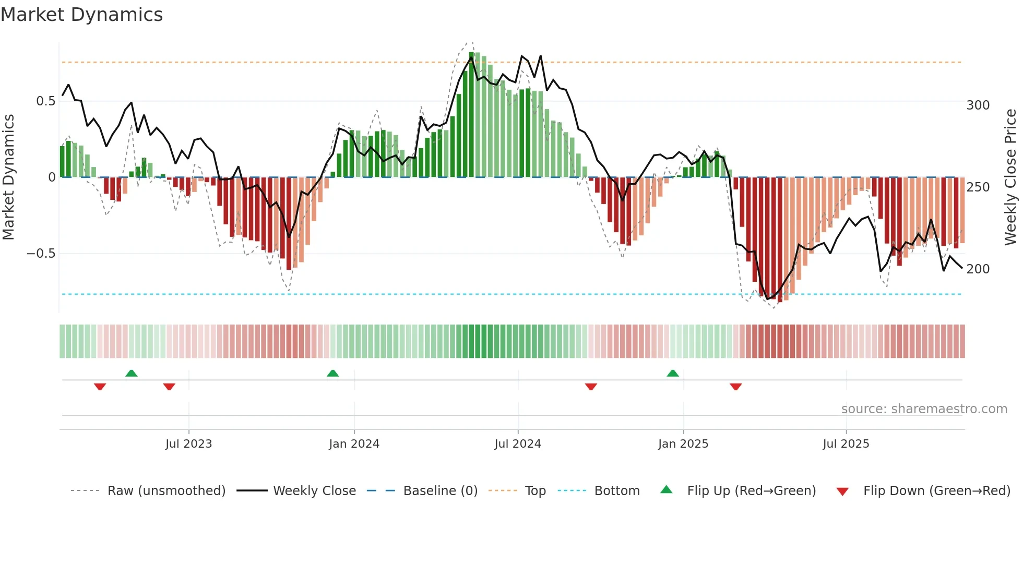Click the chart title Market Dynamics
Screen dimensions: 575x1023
click(x=81, y=15)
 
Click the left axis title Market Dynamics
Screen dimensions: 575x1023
click(x=8, y=177)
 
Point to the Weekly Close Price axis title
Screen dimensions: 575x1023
click(x=1011, y=177)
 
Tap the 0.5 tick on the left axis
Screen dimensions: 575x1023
click(x=45, y=101)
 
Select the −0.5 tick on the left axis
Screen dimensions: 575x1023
click(x=41, y=254)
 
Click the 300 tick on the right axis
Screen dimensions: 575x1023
click(x=978, y=105)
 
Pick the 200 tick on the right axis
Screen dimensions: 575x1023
click(x=978, y=269)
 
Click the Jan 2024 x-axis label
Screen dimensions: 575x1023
click(x=354, y=444)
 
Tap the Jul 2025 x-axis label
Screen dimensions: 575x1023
click(x=846, y=444)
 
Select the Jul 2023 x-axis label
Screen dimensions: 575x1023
click(x=188, y=444)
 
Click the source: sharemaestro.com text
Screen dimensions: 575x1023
click(x=924, y=409)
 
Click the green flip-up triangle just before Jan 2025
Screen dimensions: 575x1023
click(x=673, y=373)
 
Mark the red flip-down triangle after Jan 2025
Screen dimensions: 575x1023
click(x=736, y=387)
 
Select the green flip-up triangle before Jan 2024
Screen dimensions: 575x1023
click(x=332, y=373)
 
